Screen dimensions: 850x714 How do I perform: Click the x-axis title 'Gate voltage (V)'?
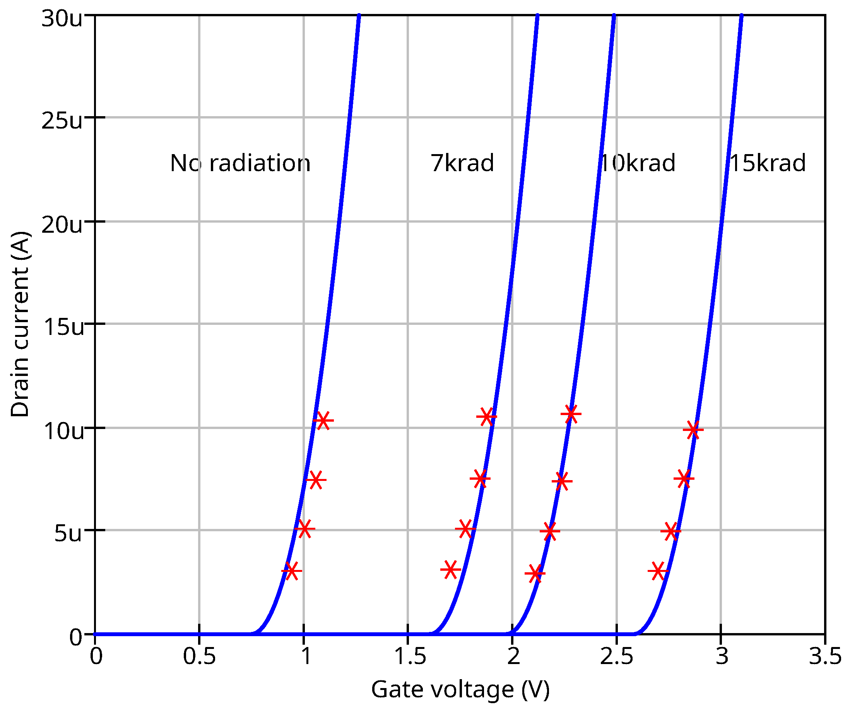(x=461, y=690)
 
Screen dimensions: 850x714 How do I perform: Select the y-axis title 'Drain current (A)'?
(x=20, y=324)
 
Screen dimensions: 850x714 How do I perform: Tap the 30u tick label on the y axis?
(x=62, y=19)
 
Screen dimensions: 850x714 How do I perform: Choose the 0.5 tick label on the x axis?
(x=199, y=656)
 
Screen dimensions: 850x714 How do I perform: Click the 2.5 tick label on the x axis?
(x=616, y=656)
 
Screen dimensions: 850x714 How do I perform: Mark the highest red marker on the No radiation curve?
(x=323, y=421)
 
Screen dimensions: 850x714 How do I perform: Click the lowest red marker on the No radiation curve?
(x=291, y=571)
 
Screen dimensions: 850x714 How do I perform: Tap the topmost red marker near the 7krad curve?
(x=487, y=416)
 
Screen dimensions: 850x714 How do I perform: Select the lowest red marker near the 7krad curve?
(x=450, y=570)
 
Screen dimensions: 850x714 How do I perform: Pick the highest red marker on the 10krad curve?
(x=571, y=414)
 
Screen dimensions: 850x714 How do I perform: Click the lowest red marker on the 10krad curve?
(x=535, y=573)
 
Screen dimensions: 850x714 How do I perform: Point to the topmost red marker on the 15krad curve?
(x=693, y=429)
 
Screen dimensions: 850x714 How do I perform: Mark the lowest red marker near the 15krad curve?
(x=658, y=571)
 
